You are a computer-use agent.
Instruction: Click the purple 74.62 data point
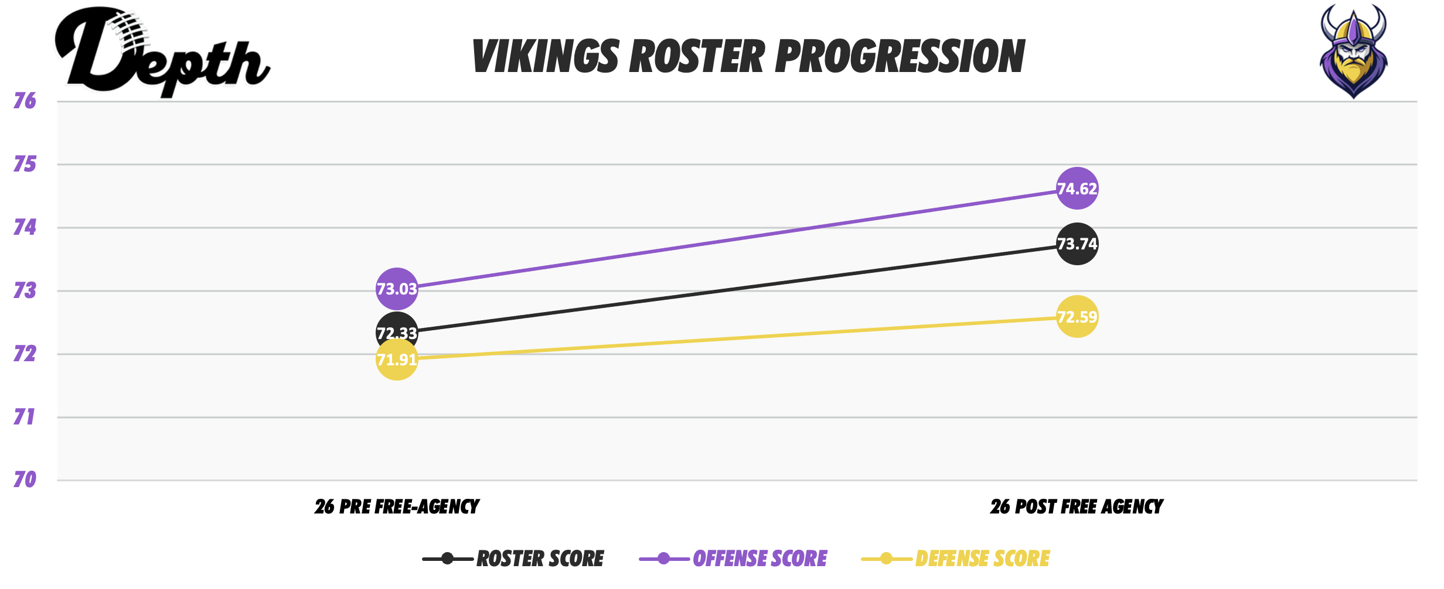pyautogui.click(x=1077, y=189)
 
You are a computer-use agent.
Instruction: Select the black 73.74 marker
pyautogui.click(x=1077, y=244)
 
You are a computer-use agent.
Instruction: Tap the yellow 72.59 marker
pyautogui.click(x=1077, y=317)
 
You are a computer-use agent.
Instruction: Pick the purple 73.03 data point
pyautogui.click(x=397, y=289)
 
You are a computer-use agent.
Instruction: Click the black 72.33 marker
pyautogui.click(x=397, y=328)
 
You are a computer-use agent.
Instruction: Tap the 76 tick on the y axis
pyautogui.click(x=25, y=101)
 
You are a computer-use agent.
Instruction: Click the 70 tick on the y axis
pyautogui.click(x=25, y=480)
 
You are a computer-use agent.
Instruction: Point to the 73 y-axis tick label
pyautogui.click(x=25, y=290)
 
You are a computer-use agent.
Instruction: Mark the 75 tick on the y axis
pyautogui.click(x=25, y=164)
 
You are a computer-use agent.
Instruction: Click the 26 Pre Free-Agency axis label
pyautogui.click(x=397, y=506)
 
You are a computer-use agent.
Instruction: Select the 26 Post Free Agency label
pyautogui.click(x=1077, y=506)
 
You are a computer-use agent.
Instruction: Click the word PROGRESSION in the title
pyautogui.click(x=900, y=57)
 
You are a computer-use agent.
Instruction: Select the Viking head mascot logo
pyautogui.click(x=1353, y=51)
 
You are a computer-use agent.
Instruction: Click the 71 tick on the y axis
pyautogui.click(x=25, y=417)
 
